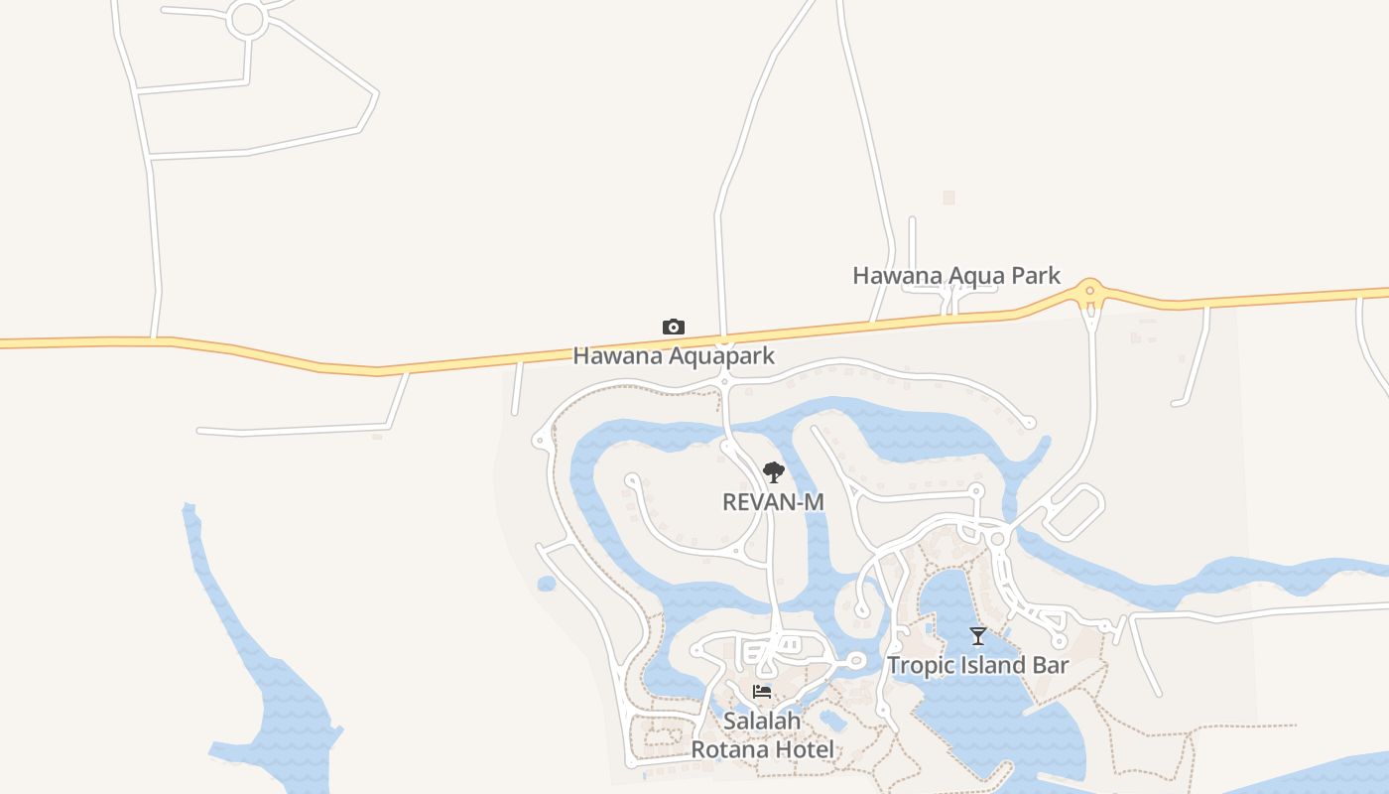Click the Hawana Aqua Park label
click(x=956, y=275)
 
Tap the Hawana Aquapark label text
click(x=674, y=355)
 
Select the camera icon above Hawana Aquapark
click(x=674, y=327)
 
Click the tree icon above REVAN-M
click(x=773, y=472)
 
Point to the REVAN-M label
click(x=773, y=502)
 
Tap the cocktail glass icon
click(x=978, y=636)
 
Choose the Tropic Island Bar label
click(x=977, y=665)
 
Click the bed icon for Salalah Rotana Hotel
click(x=762, y=692)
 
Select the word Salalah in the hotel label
click(x=762, y=722)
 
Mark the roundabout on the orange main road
click(x=1090, y=291)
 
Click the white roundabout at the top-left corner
click(x=246, y=20)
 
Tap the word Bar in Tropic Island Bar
click(x=1051, y=665)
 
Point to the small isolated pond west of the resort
click(x=547, y=584)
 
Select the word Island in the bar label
click(x=994, y=665)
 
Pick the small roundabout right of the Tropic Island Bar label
click(x=1059, y=641)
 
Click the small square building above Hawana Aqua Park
click(x=948, y=198)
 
